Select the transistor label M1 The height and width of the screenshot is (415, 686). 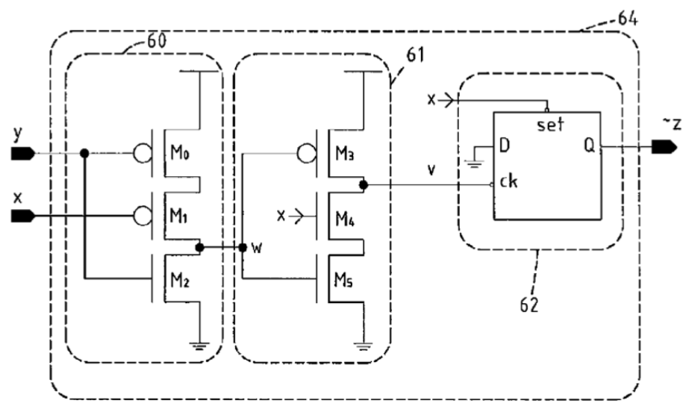[x=178, y=215]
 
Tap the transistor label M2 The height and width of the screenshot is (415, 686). [x=180, y=280]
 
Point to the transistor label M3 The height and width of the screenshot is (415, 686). [x=344, y=153]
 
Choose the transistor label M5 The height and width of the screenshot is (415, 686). [x=344, y=280]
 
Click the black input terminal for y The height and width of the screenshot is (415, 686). [x=22, y=154]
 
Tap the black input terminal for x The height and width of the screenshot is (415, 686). [x=22, y=216]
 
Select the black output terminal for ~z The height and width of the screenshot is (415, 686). [x=664, y=147]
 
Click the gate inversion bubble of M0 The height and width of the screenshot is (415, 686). [x=143, y=154]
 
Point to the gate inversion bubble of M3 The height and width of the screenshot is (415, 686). [x=306, y=154]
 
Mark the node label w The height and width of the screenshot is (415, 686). [x=258, y=249]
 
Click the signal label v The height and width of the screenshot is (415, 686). [x=431, y=169]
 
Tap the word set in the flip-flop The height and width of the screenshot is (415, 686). [x=550, y=125]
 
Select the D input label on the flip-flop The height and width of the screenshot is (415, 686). [x=504, y=145]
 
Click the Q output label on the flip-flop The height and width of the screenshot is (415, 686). [x=589, y=146]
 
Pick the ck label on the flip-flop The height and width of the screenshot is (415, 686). [x=508, y=180]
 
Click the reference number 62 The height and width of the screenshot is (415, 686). [x=529, y=305]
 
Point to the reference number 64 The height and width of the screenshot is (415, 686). [x=627, y=19]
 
